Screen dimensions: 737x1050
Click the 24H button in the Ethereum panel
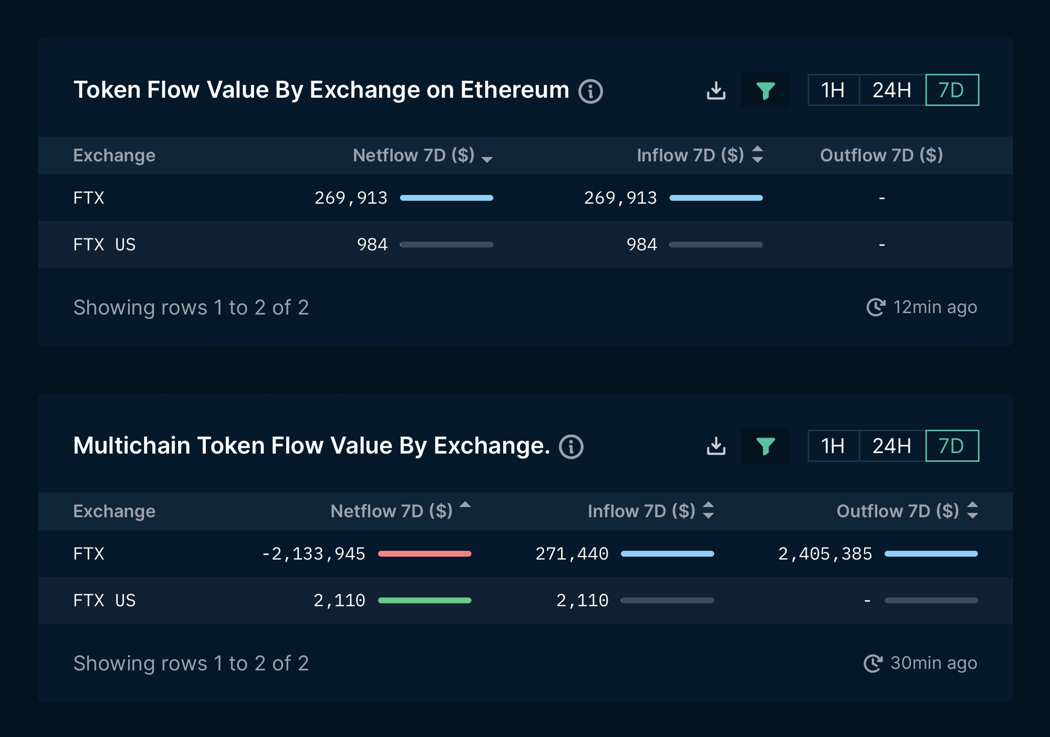891,90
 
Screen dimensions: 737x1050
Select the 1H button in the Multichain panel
833,446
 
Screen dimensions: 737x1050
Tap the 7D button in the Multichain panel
952,446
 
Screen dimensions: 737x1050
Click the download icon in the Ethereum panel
716,90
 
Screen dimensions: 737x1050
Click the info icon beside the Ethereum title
591,91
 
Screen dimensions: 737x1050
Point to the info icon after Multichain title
571,447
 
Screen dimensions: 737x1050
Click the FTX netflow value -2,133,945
313,554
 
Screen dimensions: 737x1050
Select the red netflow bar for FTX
424,554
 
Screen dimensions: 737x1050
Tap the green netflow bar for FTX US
424,600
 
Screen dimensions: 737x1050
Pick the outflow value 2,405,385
825,554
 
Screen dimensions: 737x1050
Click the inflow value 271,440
572,554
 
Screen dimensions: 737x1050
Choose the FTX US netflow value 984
372,245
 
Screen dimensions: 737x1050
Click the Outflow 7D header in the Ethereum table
881,156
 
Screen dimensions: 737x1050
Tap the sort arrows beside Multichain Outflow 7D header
973,510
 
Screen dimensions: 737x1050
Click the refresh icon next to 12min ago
876,307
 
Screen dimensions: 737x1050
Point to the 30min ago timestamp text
933,663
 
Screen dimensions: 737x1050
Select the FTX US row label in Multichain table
104,600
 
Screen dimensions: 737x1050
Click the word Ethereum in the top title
514,90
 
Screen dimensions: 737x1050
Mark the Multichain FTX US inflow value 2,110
582,600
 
